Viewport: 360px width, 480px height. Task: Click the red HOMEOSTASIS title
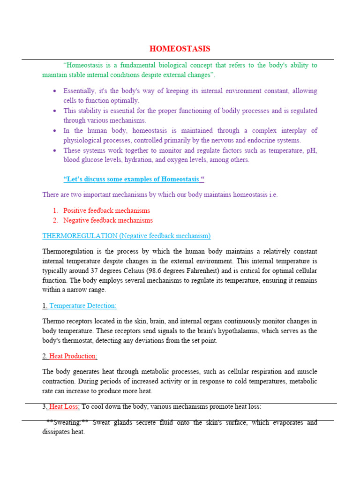(x=180, y=49)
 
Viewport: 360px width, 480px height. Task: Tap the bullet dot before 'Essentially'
(x=55, y=91)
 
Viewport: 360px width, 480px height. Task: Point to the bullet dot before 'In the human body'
(x=55, y=131)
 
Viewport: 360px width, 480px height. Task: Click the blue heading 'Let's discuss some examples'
(x=134, y=180)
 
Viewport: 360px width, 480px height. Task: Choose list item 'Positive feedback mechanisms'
(x=107, y=210)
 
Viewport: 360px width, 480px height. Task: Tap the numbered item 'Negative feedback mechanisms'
(x=108, y=220)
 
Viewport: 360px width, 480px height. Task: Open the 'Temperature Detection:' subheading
(x=82, y=306)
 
